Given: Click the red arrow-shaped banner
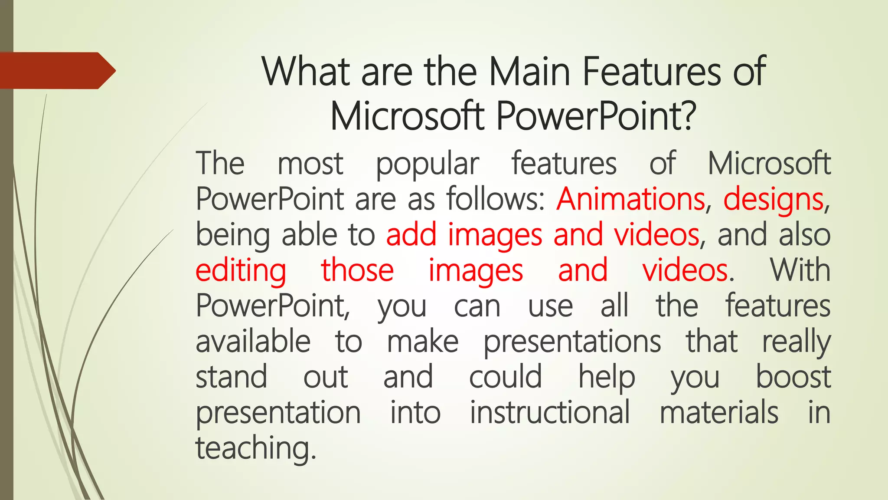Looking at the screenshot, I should tap(56, 70).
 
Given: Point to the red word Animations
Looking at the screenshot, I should tap(631, 199).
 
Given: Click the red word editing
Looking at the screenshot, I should tap(241, 271).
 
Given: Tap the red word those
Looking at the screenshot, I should tap(357, 270).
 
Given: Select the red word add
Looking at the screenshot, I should tap(411, 234).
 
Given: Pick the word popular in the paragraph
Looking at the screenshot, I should tap(427, 164).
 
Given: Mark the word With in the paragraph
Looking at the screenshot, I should tap(800, 270).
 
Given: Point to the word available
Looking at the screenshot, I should tap(253, 341).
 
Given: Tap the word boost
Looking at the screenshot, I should tap(793, 377).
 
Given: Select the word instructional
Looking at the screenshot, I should tap(550, 412).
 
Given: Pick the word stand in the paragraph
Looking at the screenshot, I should tap(231, 377).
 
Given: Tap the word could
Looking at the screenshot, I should tap(506, 377).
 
